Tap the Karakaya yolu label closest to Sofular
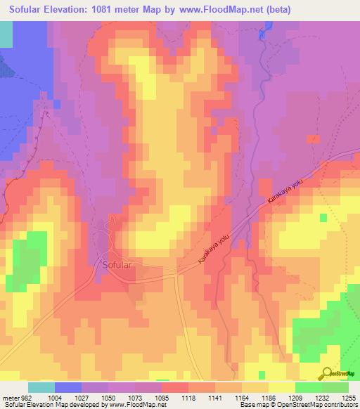tap(214, 249)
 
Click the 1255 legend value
tap(349, 398)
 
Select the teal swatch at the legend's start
tap(41, 387)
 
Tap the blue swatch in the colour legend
tap(68, 387)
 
